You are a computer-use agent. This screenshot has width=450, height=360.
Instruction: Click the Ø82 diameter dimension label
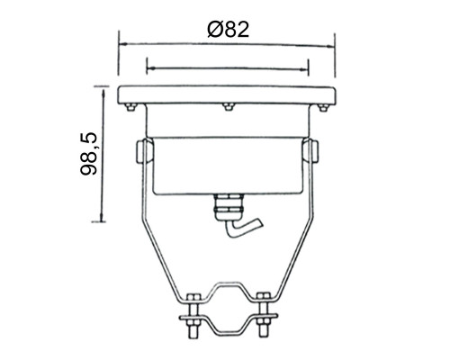point(229,30)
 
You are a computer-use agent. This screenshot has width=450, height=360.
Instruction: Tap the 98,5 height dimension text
point(89,154)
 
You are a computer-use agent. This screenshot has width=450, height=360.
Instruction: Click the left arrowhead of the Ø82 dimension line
point(123,44)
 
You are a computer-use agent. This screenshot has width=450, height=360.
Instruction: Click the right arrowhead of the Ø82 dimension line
point(330,46)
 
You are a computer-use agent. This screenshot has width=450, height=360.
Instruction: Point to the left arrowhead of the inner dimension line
point(151,68)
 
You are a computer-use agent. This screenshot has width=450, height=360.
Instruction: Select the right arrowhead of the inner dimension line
point(303,69)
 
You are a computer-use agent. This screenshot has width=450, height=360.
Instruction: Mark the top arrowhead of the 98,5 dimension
point(103,92)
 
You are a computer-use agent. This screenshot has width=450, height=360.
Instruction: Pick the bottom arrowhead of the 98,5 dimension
point(103,217)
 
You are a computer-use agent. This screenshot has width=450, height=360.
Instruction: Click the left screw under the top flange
point(130,107)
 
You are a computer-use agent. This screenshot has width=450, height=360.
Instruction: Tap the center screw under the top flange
point(228,107)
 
